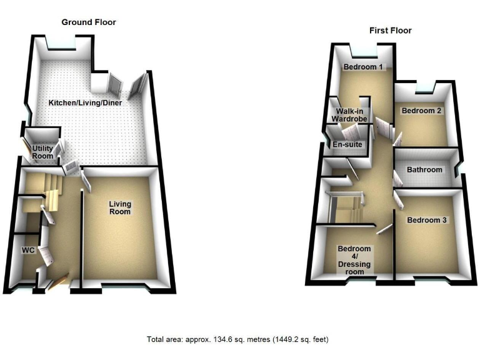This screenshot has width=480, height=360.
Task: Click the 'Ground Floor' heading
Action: coord(88,22)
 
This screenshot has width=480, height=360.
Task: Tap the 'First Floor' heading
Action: coord(391,31)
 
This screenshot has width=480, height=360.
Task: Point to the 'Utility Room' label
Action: coord(42,152)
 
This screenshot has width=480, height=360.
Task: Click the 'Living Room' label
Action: coord(119,207)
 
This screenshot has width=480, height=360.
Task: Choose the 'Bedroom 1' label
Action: coord(362,67)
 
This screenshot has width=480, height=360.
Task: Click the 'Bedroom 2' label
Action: coord(421,111)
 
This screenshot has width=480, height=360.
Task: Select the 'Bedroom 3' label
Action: coord(427,221)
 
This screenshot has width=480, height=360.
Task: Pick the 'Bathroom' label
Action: coord(424,170)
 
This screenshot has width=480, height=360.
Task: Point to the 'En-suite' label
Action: coord(347,145)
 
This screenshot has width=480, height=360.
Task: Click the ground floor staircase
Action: coord(49,191)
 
